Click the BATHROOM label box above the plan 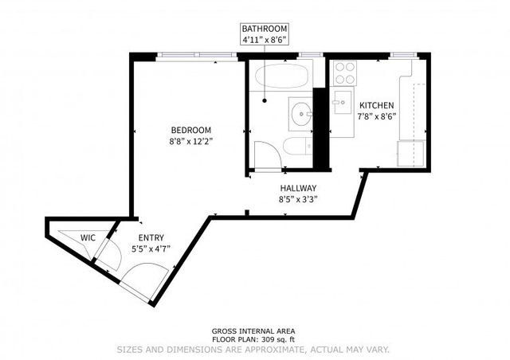tap(265, 33)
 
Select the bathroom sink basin tap(300, 112)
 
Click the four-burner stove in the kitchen tap(344, 73)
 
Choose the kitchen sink tap(341, 101)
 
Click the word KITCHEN tap(377, 105)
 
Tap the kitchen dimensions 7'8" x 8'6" tap(377, 116)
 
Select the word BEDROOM tap(190, 130)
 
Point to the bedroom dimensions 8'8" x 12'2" tap(190, 141)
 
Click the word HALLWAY tap(297, 188)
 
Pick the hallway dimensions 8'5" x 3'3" tap(297, 199)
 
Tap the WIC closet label tap(88, 237)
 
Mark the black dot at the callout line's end tap(264, 101)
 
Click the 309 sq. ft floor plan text tap(256, 339)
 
